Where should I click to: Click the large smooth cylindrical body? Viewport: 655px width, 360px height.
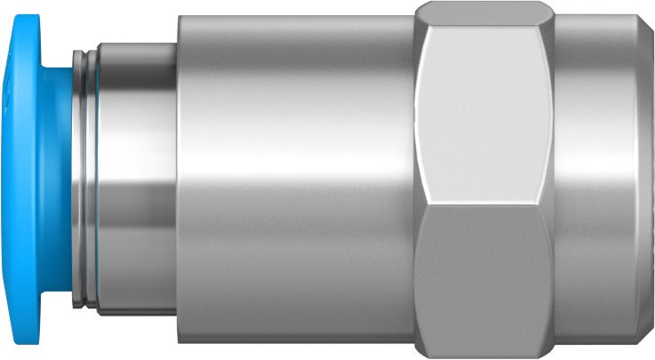click(293, 178)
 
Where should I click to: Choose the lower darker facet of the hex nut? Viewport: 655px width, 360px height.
click(484, 276)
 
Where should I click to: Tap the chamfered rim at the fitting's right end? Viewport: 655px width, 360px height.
click(647, 178)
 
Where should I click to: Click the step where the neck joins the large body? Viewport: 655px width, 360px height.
click(177, 178)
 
